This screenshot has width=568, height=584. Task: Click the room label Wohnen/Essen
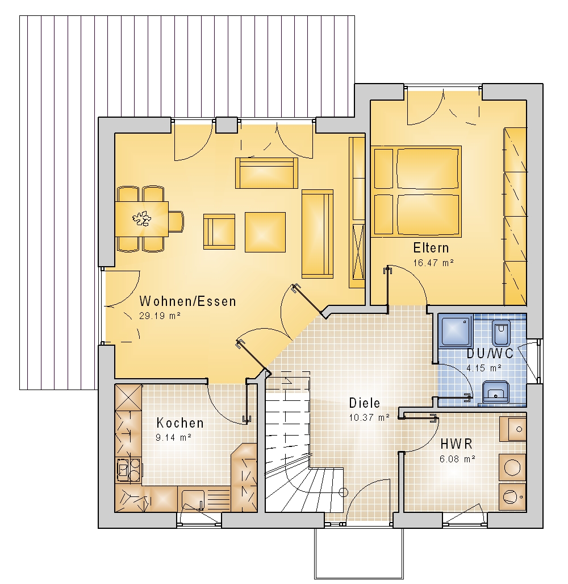coord(187,301)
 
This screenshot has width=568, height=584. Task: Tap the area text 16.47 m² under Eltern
coord(433,263)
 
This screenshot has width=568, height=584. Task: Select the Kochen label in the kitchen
coord(180,423)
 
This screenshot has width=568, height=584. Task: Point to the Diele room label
coord(365,403)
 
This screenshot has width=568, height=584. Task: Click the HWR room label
coord(457,444)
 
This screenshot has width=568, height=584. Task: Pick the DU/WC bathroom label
coord(490,353)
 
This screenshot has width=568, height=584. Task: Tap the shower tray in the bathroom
coord(456,331)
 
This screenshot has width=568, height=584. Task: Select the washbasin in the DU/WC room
coord(496,392)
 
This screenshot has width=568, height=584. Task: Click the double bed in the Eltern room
coord(416,191)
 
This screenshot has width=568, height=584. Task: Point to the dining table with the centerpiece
coord(142,219)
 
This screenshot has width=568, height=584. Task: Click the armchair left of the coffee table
coord(219,231)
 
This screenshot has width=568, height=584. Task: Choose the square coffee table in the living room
coord(265,232)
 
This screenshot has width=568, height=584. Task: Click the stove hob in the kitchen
coord(129,470)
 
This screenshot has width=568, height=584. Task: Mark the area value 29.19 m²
coord(160,316)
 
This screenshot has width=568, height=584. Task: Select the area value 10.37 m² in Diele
coord(369,417)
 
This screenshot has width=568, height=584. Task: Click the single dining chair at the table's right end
coord(176,222)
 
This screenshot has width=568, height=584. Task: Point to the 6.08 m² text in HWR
coord(457,459)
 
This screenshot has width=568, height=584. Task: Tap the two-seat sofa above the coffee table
coord(267,173)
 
